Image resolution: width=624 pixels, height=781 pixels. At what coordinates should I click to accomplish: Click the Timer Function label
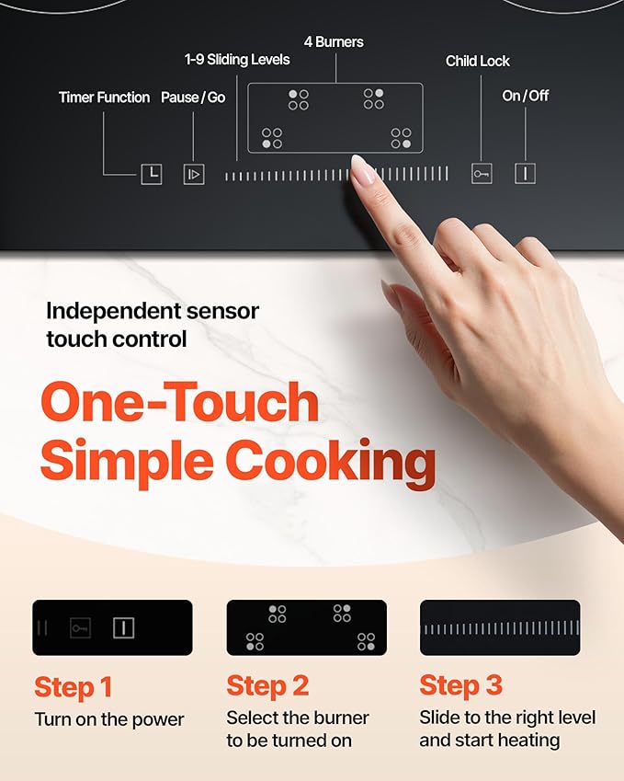click(104, 98)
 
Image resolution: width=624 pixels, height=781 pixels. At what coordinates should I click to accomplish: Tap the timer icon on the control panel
click(151, 174)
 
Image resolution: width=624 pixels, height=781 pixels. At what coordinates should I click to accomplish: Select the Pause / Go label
click(193, 98)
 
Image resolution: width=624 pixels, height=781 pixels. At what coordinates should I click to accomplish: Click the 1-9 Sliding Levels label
click(236, 60)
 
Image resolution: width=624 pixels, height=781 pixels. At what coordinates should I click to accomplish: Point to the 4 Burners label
click(334, 42)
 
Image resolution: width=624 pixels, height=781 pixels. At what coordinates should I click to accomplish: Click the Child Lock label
click(478, 62)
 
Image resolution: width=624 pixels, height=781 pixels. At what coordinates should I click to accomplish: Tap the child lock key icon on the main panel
click(482, 173)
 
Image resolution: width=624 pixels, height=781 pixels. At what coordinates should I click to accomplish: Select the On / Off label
click(526, 96)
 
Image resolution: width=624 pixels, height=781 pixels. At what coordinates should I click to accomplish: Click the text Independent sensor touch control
click(153, 325)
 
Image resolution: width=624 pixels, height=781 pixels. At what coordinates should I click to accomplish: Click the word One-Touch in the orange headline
click(179, 404)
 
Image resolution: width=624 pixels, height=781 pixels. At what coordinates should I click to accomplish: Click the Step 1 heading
click(74, 686)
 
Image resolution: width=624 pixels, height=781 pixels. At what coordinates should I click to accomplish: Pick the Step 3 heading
click(461, 686)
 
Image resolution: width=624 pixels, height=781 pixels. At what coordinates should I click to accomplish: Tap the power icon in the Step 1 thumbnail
click(123, 628)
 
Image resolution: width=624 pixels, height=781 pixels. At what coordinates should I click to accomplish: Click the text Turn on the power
click(109, 720)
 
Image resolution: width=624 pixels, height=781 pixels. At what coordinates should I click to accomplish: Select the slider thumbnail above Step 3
click(500, 628)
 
